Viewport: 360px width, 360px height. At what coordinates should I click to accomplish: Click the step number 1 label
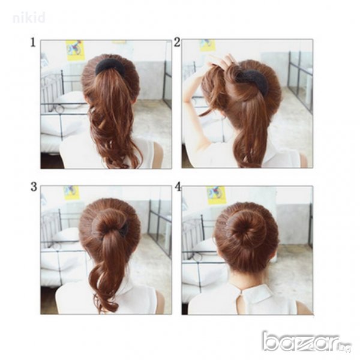pyautogui.click(x=33, y=43)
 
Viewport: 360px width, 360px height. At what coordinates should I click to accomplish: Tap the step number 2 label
pyautogui.click(x=177, y=43)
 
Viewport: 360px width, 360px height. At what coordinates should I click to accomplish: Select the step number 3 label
pyautogui.click(x=34, y=187)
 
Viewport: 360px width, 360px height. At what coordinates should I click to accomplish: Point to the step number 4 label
pyautogui.click(x=178, y=187)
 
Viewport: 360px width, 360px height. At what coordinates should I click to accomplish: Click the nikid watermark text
pyautogui.click(x=29, y=18)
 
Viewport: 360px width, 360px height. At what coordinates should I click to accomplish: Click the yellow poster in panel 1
pyautogui.click(x=75, y=50)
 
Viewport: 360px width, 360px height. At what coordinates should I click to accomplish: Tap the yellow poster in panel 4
pyautogui.click(x=216, y=195)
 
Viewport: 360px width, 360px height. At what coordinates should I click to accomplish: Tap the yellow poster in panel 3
pyautogui.click(x=71, y=193)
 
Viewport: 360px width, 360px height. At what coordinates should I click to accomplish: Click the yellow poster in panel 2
pyautogui.click(x=208, y=46)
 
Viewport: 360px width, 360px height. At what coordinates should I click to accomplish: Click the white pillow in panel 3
pyautogui.click(x=66, y=235)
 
